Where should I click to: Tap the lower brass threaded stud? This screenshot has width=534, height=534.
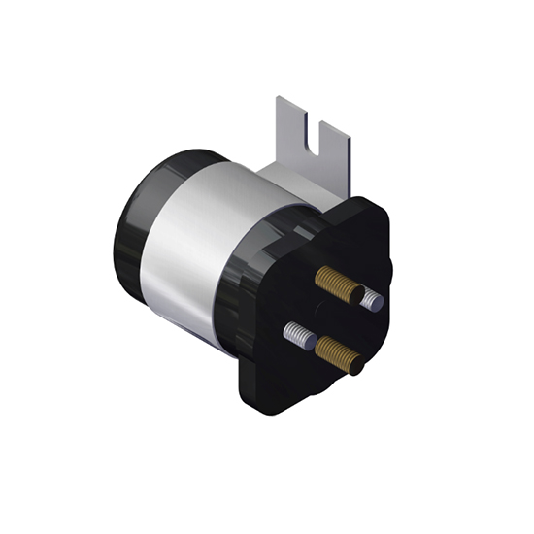(x=338, y=353)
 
